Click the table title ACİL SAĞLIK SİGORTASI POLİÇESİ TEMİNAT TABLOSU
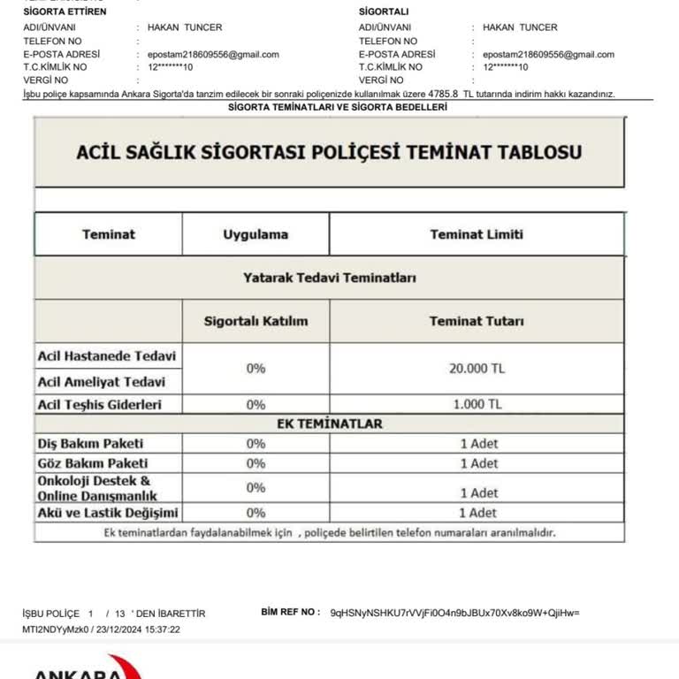click(x=329, y=151)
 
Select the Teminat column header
click(x=109, y=234)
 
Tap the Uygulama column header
click(x=256, y=234)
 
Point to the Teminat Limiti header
click(x=477, y=234)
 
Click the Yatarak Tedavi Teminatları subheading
click(x=329, y=278)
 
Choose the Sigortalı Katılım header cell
click(x=256, y=321)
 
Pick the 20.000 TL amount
click(x=477, y=368)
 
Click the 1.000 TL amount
click(x=477, y=404)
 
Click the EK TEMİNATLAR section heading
click(x=330, y=423)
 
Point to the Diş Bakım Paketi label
click(x=90, y=443)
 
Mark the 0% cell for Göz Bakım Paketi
click(x=256, y=463)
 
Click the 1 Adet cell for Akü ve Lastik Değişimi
click(x=477, y=513)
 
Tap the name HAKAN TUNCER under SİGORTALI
click(x=521, y=27)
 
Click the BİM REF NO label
click(x=291, y=612)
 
